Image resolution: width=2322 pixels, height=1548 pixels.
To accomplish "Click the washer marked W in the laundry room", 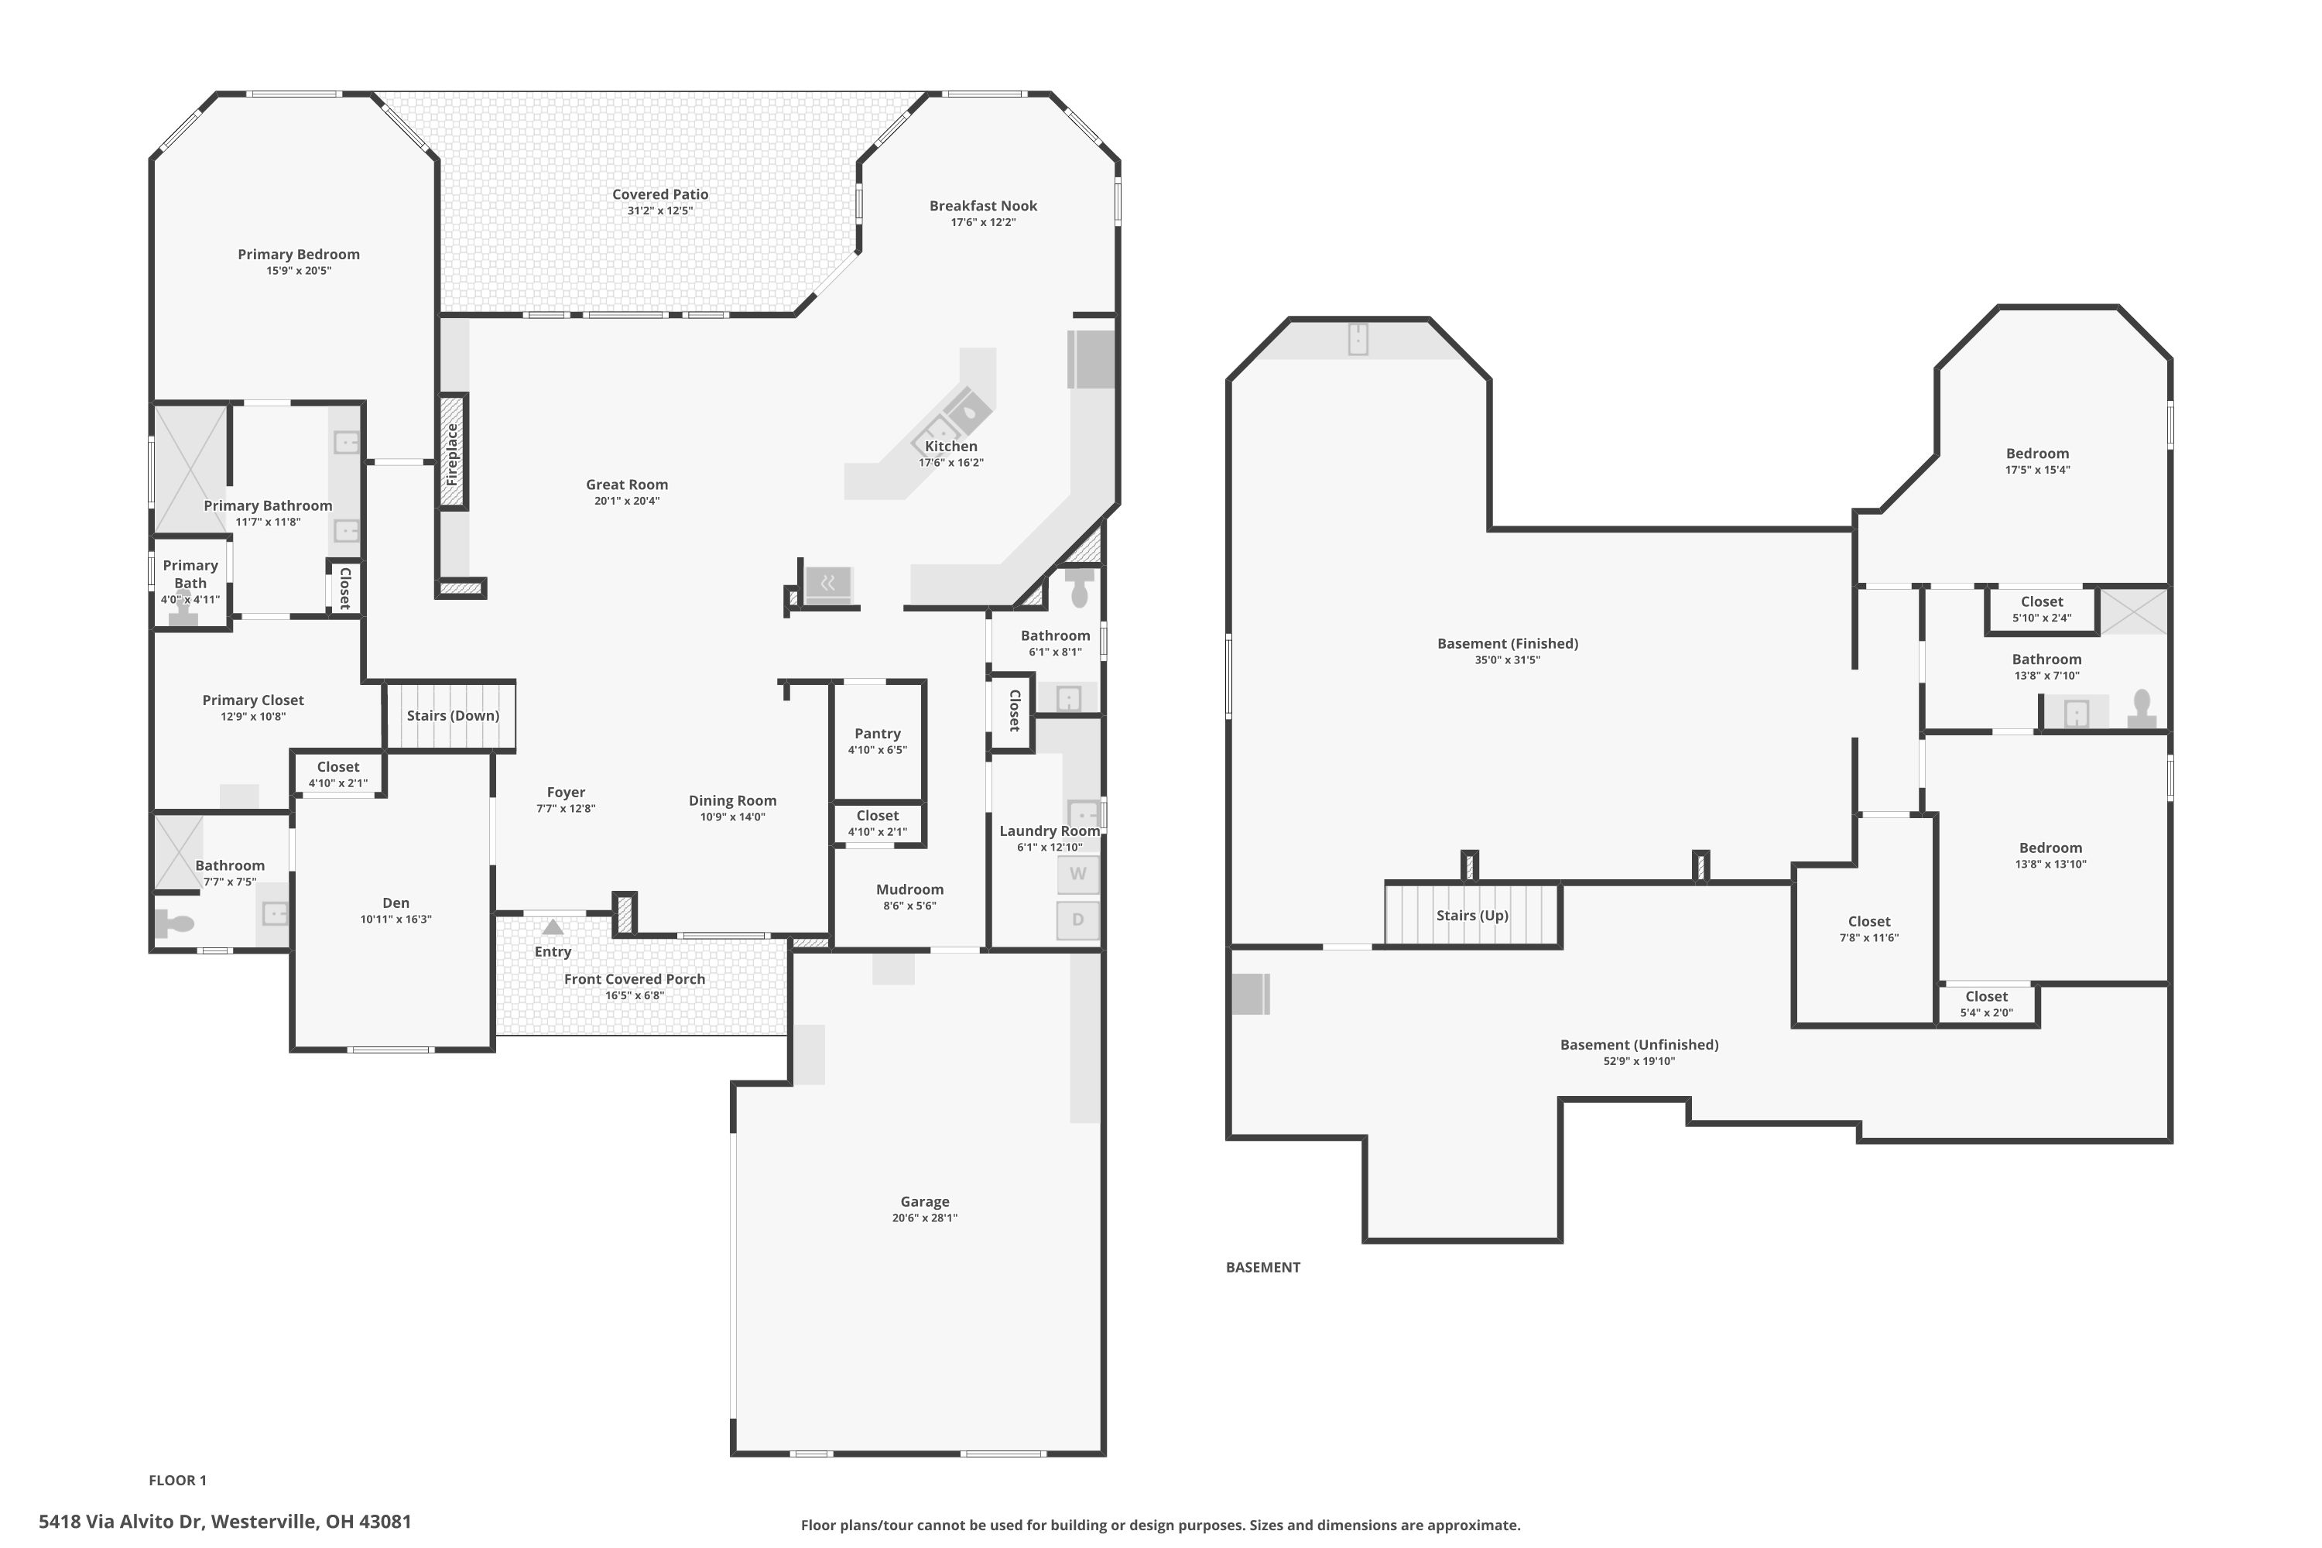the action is click(1078, 874).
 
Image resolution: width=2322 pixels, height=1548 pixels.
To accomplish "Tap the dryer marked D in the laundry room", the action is click(1078, 920).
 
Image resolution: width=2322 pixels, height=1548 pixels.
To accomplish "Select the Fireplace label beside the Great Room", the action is click(452, 454).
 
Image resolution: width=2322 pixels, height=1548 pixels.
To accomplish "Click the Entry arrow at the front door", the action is click(553, 927).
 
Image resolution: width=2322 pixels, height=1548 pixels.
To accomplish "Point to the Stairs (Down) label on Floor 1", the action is click(453, 716).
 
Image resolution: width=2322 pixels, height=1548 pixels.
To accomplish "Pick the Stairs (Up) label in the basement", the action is click(1472, 915).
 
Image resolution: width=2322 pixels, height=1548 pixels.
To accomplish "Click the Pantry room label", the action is click(878, 734).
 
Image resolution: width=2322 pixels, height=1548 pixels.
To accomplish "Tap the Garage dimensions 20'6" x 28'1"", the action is click(925, 1218).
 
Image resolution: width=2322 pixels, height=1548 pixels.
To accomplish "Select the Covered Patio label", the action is click(660, 194).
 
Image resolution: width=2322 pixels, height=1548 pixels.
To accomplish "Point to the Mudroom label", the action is click(910, 889).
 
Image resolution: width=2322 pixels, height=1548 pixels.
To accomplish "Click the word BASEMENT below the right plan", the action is click(1262, 1268).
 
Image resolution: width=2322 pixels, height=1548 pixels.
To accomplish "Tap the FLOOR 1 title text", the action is click(178, 1480).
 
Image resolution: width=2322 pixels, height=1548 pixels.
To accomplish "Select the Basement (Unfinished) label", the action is click(1639, 1044).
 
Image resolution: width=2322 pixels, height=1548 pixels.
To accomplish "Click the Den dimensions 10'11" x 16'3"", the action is click(396, 920).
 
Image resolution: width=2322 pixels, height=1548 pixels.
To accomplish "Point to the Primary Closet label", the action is click(253, 700).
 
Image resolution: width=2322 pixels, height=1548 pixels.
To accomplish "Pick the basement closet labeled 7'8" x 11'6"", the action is click(1869, 929).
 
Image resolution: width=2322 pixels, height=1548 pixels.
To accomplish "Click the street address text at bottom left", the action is click(225, 1522).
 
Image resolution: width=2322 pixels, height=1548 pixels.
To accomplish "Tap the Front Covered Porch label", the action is click(635, 979).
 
